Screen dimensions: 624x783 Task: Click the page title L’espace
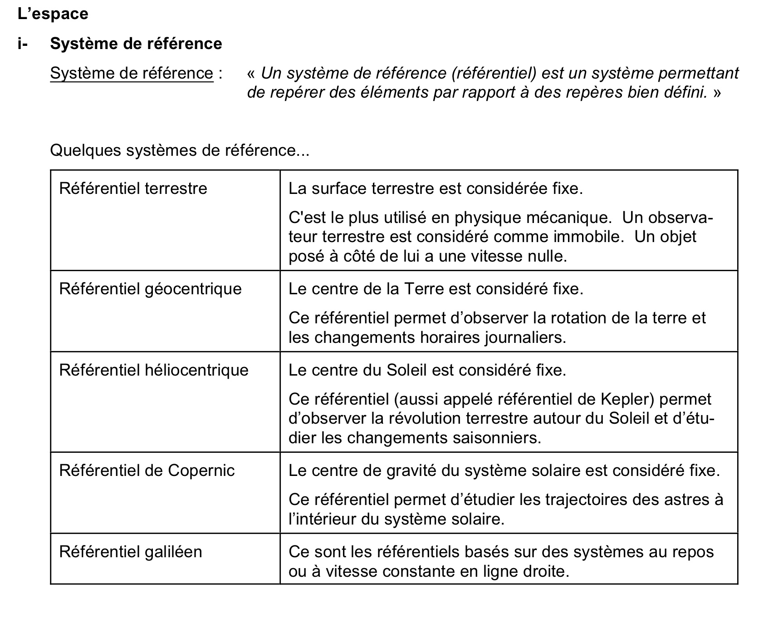(x=53, y=14)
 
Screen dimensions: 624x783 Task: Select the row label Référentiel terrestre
(x=133, y=188)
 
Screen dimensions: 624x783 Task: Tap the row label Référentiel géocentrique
(x=150, y=289)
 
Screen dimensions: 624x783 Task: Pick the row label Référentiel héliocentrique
(x=154, y=370)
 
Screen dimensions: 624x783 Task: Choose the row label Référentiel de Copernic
(x=147, y=470)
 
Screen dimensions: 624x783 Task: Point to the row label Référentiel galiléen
(x=131, y=552)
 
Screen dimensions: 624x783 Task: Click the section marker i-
(x=23, y=44)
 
